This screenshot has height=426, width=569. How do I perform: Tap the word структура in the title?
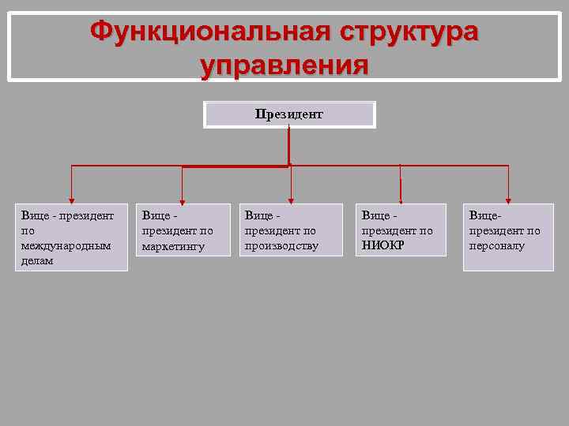coord(409,32)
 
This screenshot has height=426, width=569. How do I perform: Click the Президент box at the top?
coord(289,114)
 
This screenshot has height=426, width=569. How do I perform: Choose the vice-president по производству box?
coord(292,230)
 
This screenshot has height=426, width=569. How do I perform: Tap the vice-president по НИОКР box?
coord(401,230)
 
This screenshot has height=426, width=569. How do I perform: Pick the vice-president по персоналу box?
coord(508,237)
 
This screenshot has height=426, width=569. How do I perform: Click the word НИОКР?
coord(383,245)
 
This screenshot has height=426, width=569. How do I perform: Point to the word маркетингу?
coord(173,246)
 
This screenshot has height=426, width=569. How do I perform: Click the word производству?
coord(281,245)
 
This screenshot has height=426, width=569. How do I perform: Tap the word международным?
coord(66,245)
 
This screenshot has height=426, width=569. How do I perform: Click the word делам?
coord(38,260)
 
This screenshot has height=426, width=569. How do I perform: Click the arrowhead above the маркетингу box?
coord(183,199)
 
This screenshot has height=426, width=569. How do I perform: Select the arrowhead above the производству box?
coord(292,199)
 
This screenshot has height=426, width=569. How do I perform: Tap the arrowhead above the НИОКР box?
coord(401,199)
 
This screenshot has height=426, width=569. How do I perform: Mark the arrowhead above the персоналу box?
coord(508,199)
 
